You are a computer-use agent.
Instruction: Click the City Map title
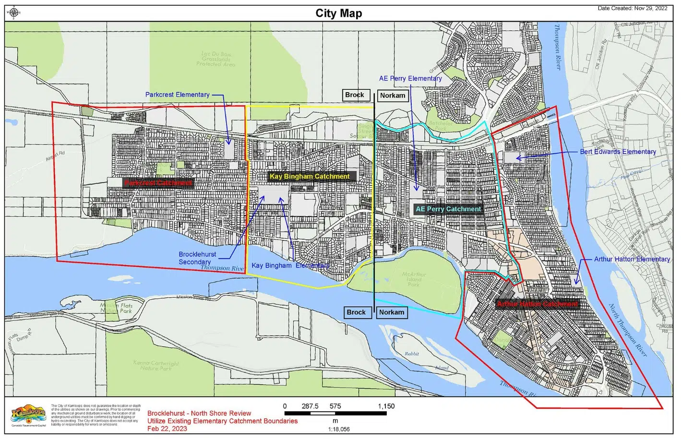[x=338, y=13]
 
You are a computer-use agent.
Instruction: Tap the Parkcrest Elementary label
[x=177, y=95]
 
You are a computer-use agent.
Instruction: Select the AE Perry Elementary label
[x=410, y=78]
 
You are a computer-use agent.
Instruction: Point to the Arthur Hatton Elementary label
[x=632, y=259]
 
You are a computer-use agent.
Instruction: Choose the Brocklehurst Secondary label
[x=197, y=258]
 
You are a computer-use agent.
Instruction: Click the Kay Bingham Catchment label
[x=309, y=176]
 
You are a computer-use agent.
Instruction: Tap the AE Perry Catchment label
[x=448, y=209]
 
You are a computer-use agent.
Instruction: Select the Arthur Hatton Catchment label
[x=537, y=304]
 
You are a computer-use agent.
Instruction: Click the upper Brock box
[x=355, y=95]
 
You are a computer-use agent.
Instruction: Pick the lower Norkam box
[x=391, y=312]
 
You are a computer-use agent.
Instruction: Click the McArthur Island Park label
[x=413, y=279]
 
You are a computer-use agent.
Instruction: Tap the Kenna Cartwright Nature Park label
[x=155, y=366]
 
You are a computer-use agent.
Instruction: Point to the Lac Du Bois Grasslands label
[x=215, y=59]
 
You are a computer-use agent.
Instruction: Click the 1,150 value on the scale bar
[x=386, y=406]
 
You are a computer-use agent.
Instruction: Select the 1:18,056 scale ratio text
[x=338, y=429]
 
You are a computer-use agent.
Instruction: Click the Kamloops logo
[x=28, y=414]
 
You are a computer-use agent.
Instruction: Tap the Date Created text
[x=632, y=8]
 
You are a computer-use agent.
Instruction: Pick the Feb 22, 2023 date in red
[x=167, y=428]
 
